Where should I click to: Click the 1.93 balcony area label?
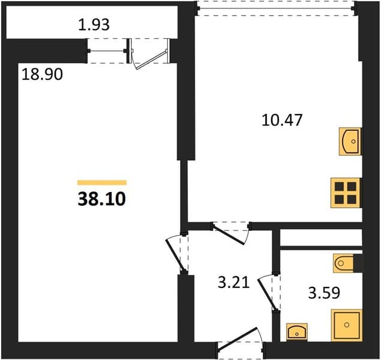tap(94, 25)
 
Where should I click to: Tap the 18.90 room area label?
tap(42, 74)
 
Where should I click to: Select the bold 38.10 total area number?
tap(101, 199)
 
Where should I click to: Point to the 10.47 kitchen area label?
tap(282, 120)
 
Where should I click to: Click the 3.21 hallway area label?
tap(234, 283)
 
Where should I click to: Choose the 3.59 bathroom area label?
tap(324, 293)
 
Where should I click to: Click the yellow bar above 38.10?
tap(102, 182)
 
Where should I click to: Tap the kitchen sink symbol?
tap(350, 142)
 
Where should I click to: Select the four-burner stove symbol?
tap(345, 193)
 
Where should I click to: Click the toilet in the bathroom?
tap(343, 263)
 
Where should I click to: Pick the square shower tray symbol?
tap(347, 325)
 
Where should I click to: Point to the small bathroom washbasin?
tap(297, 332)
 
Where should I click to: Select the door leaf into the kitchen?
tap(228, 235)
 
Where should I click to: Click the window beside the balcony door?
tap(107, 51)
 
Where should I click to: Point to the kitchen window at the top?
tap(275, 9)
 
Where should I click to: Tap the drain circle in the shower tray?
tap(347, 325)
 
